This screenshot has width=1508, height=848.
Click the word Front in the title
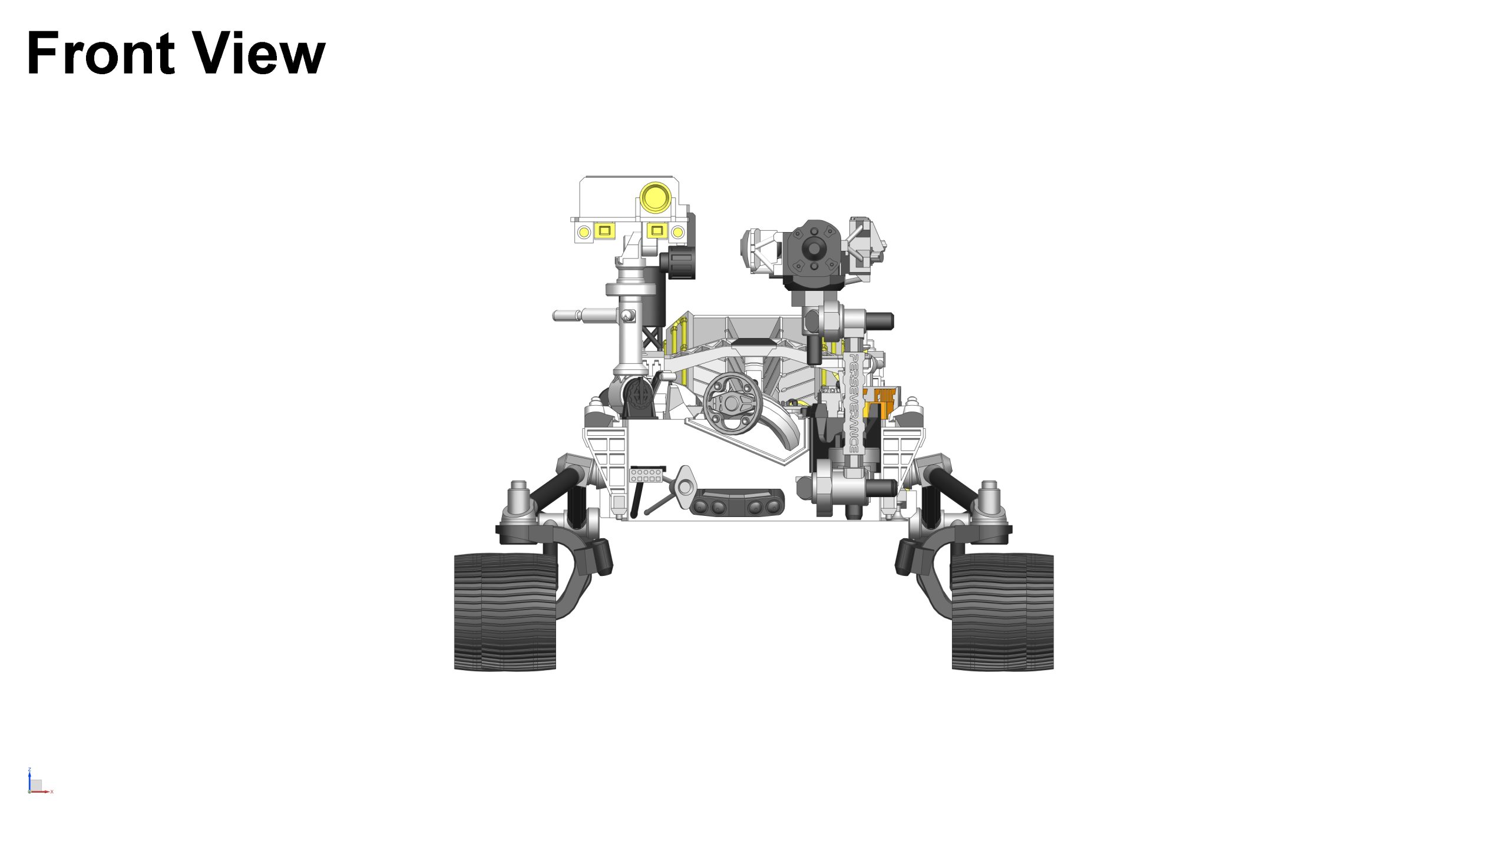(x=101, y=54)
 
